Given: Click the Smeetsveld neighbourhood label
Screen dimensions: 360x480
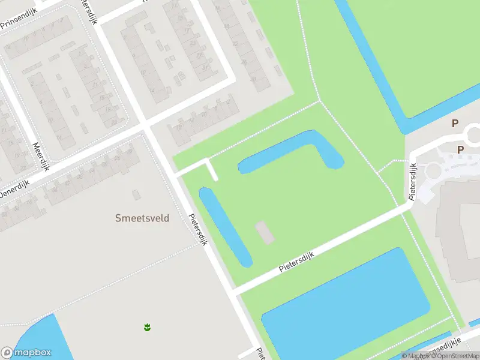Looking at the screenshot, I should coord(142,218).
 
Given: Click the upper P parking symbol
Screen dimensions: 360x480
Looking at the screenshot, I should coord(455,123).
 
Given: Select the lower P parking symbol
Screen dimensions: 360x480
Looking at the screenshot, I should coord(460,150).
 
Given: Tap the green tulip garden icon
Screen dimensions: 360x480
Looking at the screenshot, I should coord(146,327).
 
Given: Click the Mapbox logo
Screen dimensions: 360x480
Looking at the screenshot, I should coord(26,353).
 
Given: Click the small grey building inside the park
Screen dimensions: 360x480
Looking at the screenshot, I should coord(265,232).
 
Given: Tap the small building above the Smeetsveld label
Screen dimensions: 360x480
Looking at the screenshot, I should coord(136,194).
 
